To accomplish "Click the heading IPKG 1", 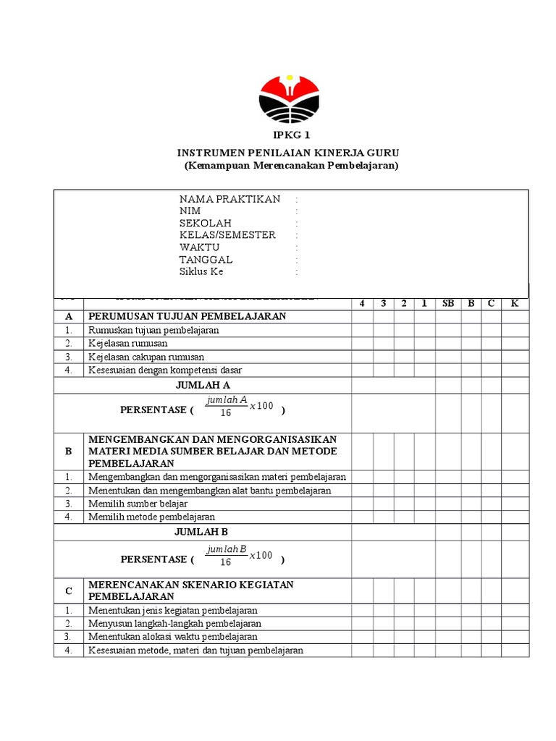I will coord(289,136).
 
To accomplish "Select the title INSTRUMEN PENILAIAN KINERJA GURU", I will coord(289,153).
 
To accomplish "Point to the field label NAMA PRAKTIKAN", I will coord(229,199).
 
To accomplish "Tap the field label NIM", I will coord(190,211).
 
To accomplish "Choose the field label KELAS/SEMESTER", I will coord(227,235).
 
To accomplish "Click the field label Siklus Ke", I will coord(201,272).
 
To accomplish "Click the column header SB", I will coord(448,303).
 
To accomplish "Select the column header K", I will coord(515,303).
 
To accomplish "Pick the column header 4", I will coord(362,303).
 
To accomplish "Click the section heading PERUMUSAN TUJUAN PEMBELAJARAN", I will coord(187,316).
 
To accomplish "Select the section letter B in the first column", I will coord(69,451).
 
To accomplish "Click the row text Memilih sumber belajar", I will coord(138,504).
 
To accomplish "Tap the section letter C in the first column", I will coord(69,590).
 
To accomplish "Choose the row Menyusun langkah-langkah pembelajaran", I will coord(174,623).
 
